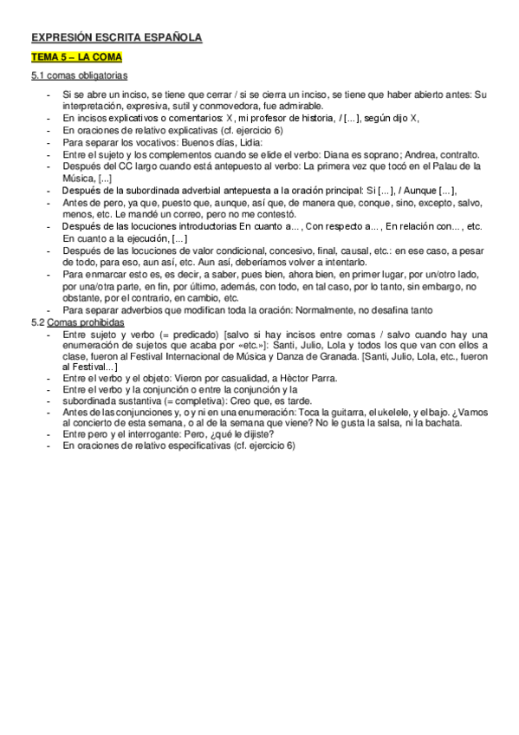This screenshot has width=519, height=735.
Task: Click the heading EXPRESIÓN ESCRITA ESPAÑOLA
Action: [116, 37]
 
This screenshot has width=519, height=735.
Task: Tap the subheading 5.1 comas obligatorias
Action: [79, 75]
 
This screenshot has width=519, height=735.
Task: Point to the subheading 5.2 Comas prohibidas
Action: [77, 322]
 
